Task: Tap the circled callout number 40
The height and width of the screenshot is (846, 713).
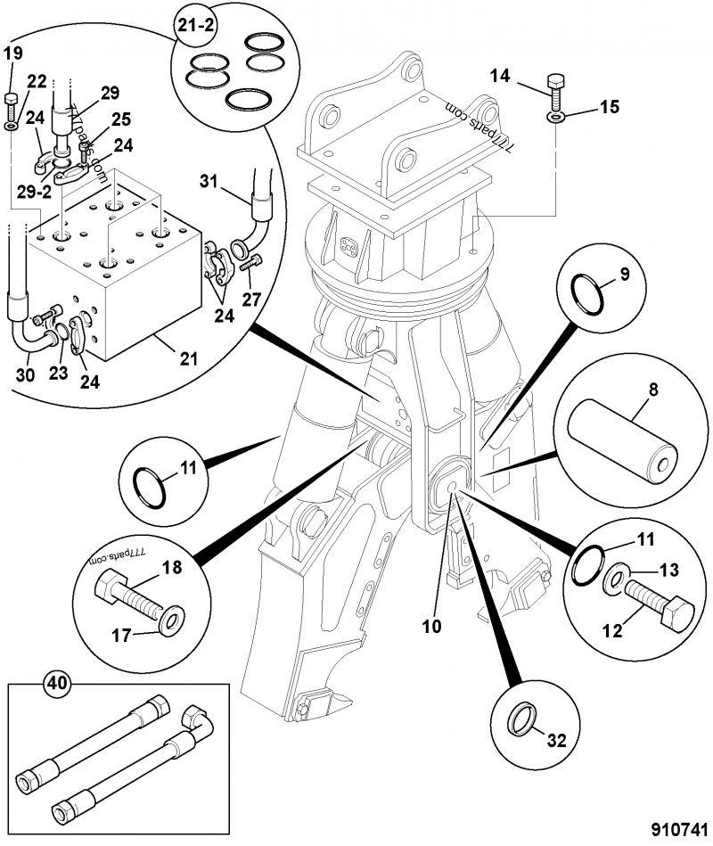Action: coord(56,685)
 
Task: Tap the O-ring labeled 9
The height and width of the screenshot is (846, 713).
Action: coord(590,292)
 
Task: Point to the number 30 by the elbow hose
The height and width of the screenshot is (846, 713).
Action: coord(26,374)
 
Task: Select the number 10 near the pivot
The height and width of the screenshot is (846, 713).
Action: coord(431,626)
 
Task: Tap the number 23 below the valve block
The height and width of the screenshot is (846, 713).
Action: coord(57,374)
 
